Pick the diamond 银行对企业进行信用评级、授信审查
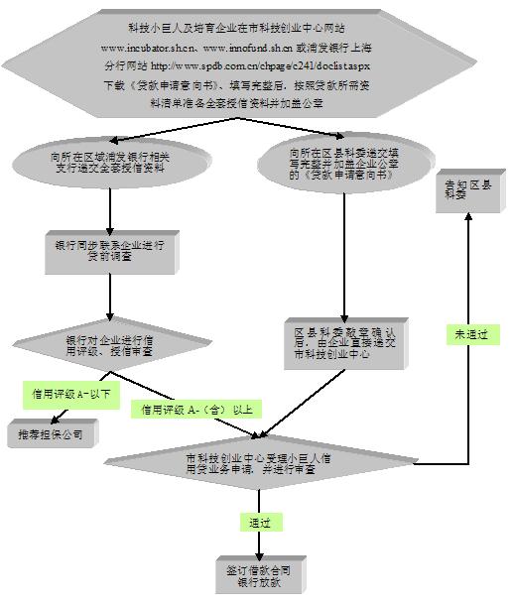(x=109, y=344)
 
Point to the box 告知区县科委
(x=466, y=190)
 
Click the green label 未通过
(x=471, y=335)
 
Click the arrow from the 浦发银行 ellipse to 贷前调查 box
(x=110, y=207)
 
